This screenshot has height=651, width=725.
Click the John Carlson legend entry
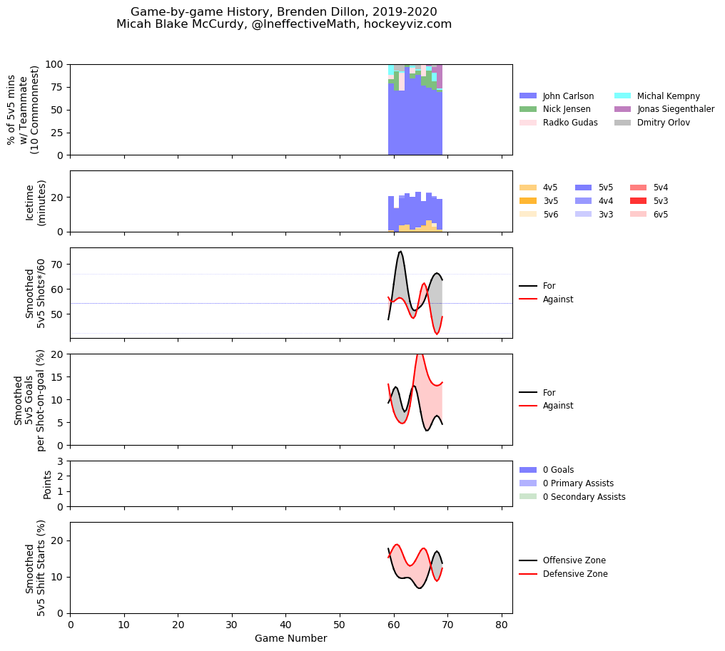click(556, 96)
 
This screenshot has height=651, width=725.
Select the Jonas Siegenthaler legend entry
click(664, 109)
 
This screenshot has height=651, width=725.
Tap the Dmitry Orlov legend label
click(663, 123)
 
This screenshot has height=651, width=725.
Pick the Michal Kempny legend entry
click(657, 96)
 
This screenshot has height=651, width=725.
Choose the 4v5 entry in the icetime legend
click(538, 188)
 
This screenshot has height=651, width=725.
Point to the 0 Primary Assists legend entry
click(567, 483)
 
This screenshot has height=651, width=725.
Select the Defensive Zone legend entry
click(563, 574)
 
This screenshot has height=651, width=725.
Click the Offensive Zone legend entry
click(562, 560)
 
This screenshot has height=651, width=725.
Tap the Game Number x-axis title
click(291, 639)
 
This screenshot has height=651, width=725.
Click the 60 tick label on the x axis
click(394, 625)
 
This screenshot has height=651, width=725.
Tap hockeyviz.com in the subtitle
click(408, 24)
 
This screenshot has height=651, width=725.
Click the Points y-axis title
click(46, 484)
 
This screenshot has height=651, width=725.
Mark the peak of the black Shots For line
click(400, 251)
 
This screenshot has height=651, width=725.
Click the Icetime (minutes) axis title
click(36, 202)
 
